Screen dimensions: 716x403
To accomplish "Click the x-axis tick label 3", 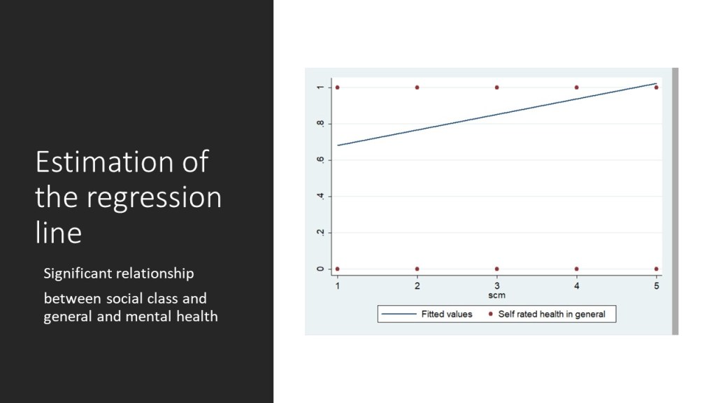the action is [497, 286].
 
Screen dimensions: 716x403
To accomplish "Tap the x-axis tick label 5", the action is [656, 286].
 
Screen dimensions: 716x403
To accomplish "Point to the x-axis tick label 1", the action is [338, 286].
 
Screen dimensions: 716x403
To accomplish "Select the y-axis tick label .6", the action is [320, 160].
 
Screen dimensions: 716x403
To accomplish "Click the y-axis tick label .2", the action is [320, 232].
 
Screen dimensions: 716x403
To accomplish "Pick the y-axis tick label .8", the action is [320, 123].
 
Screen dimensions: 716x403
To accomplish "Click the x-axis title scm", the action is [497, 295].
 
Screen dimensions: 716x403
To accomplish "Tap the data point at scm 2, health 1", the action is [417, 87].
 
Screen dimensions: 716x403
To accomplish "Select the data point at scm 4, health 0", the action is [576, 269].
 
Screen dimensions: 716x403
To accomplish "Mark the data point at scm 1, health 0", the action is [338, 269].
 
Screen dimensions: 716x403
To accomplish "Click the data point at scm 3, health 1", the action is [497, 87].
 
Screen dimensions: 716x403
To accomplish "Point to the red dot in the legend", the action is [490, 314].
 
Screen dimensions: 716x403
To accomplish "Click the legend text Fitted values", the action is [447, 314].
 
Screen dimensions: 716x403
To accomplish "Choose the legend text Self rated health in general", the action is [552, 314].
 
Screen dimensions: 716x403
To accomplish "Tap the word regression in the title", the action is [155, 198].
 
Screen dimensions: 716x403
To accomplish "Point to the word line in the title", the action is [59, 232].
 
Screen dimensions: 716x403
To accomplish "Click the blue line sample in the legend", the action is [399, 314].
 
